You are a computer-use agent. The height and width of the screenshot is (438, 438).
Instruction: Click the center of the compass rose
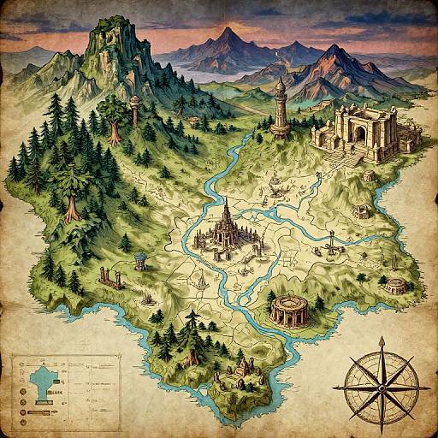tap(381, 374)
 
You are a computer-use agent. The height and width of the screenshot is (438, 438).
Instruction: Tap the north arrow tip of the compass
tap(382, 338)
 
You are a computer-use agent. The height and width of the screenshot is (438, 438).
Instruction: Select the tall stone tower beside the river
tap(279, 111)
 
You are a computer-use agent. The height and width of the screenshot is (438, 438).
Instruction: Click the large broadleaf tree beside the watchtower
tap(111, 111)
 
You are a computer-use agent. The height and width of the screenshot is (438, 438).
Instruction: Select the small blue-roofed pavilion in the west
tap(139, 258)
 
